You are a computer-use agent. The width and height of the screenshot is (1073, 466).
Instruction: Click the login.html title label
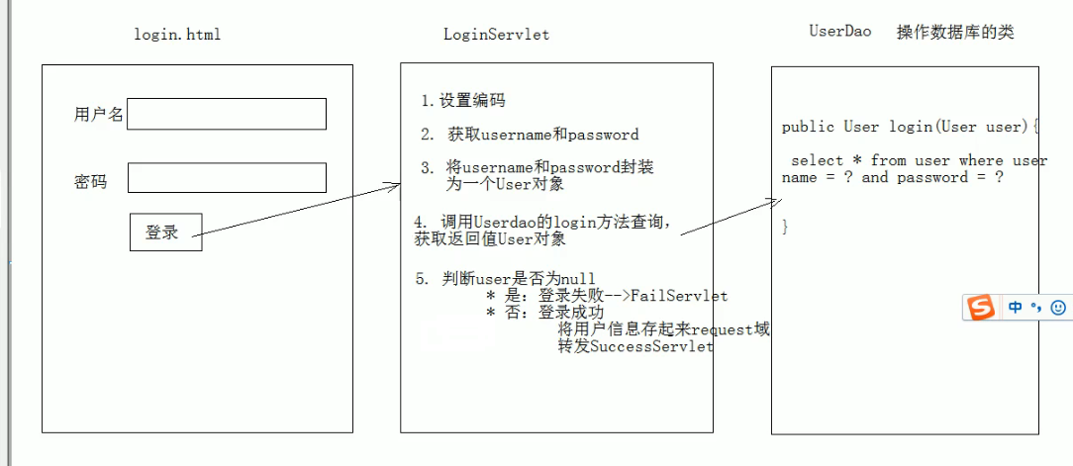point(177,35)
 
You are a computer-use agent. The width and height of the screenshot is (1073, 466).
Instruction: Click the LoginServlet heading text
point(496,35)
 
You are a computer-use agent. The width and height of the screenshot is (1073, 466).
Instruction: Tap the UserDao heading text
point(839,32)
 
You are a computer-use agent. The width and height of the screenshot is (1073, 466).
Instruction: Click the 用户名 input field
point(227,114)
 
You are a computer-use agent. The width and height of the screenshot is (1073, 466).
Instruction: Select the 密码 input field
point(227,178)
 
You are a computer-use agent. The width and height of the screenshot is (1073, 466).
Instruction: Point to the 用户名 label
point(99,115)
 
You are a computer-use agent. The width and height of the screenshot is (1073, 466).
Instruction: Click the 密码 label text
point(91,182)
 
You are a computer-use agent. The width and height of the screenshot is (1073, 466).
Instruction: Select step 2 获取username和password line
point(530,135)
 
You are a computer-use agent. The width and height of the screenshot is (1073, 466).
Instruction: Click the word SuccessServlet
point(651,347)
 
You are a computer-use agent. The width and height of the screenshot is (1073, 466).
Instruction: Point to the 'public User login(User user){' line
point(911,127)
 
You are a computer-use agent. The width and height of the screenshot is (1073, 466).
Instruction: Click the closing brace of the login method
point(785,227)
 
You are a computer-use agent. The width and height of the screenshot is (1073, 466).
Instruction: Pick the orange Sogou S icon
point(981,308)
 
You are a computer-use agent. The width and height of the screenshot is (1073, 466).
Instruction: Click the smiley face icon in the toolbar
point(1058,308)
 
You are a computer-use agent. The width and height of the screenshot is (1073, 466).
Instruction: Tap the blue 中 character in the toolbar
point(1016,308)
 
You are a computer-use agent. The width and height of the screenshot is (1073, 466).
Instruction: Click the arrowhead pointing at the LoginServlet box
point(396,185)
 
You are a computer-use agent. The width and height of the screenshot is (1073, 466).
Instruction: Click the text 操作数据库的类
point(955,32)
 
